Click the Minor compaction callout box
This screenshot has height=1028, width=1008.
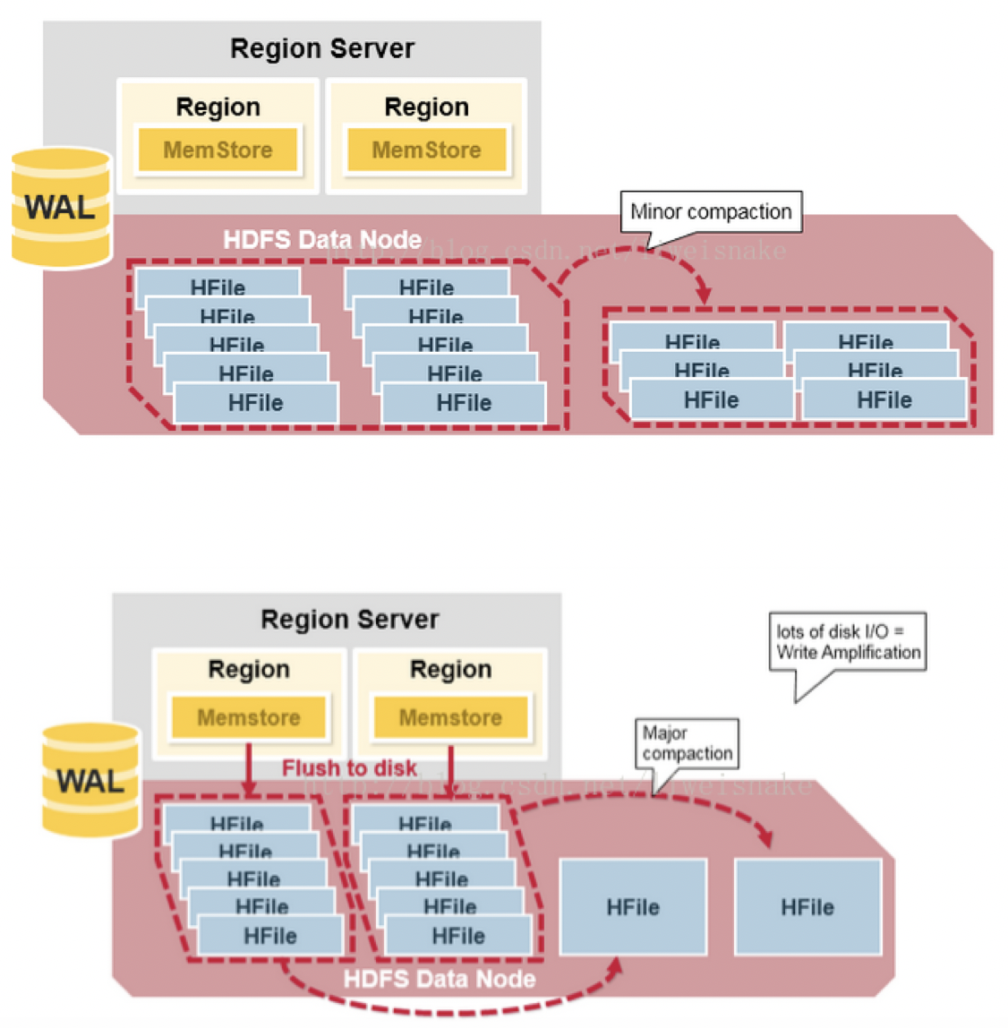pyautogui.click(x=711, y=212)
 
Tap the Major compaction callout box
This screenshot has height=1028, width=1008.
pyautogui.click(x=687, y=743)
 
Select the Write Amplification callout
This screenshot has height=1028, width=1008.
pyautogui.click(x=847, y=642)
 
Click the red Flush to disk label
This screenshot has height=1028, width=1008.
pyautogui.click(x=349, y=768)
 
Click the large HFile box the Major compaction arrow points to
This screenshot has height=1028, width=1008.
pyautogui.click(x=807, y=906)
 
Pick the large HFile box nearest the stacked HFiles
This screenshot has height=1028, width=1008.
pyautogui.click(x=633, y=906)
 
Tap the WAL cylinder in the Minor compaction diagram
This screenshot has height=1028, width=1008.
pyautogui.click(x=61, y=208)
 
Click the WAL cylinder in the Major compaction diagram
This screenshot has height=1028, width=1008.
pyautogui.click(x=90, y=780)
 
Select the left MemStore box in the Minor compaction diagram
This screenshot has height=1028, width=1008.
pyautogui.click(x=218, y=150)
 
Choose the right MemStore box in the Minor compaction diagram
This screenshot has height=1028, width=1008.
pyautogui.click(x=426, y=150)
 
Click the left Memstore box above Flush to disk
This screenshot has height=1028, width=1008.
pyautogui.click(x=249, y=717)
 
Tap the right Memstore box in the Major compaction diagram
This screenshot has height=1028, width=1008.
pyautogui.click(x=450, y=717)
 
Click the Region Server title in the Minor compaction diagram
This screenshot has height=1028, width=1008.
pyautogui.click(x=322, y=48)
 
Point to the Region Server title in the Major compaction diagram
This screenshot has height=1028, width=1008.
pyautogui.click(x=350, y=620)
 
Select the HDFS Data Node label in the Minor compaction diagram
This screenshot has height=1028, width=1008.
pyautogui.click(x=322, y=240)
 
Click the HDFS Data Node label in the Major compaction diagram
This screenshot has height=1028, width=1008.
pyautogui.click(x=440, y=979)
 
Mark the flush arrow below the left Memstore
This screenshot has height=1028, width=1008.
pyautogui.click(x=249, y=768)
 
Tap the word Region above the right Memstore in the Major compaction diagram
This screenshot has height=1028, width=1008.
pyautogui.click(x=450, y=669)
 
